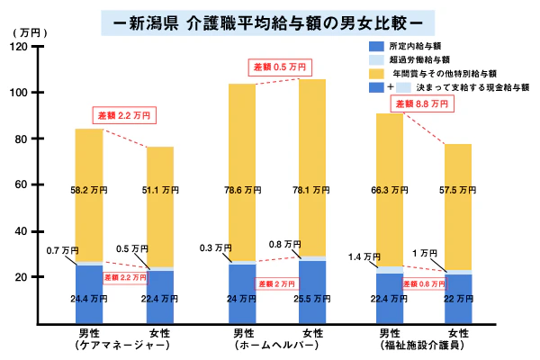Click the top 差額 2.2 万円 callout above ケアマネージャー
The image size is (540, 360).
125,115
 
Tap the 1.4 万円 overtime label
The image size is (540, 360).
362,257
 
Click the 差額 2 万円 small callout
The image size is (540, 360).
277,283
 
